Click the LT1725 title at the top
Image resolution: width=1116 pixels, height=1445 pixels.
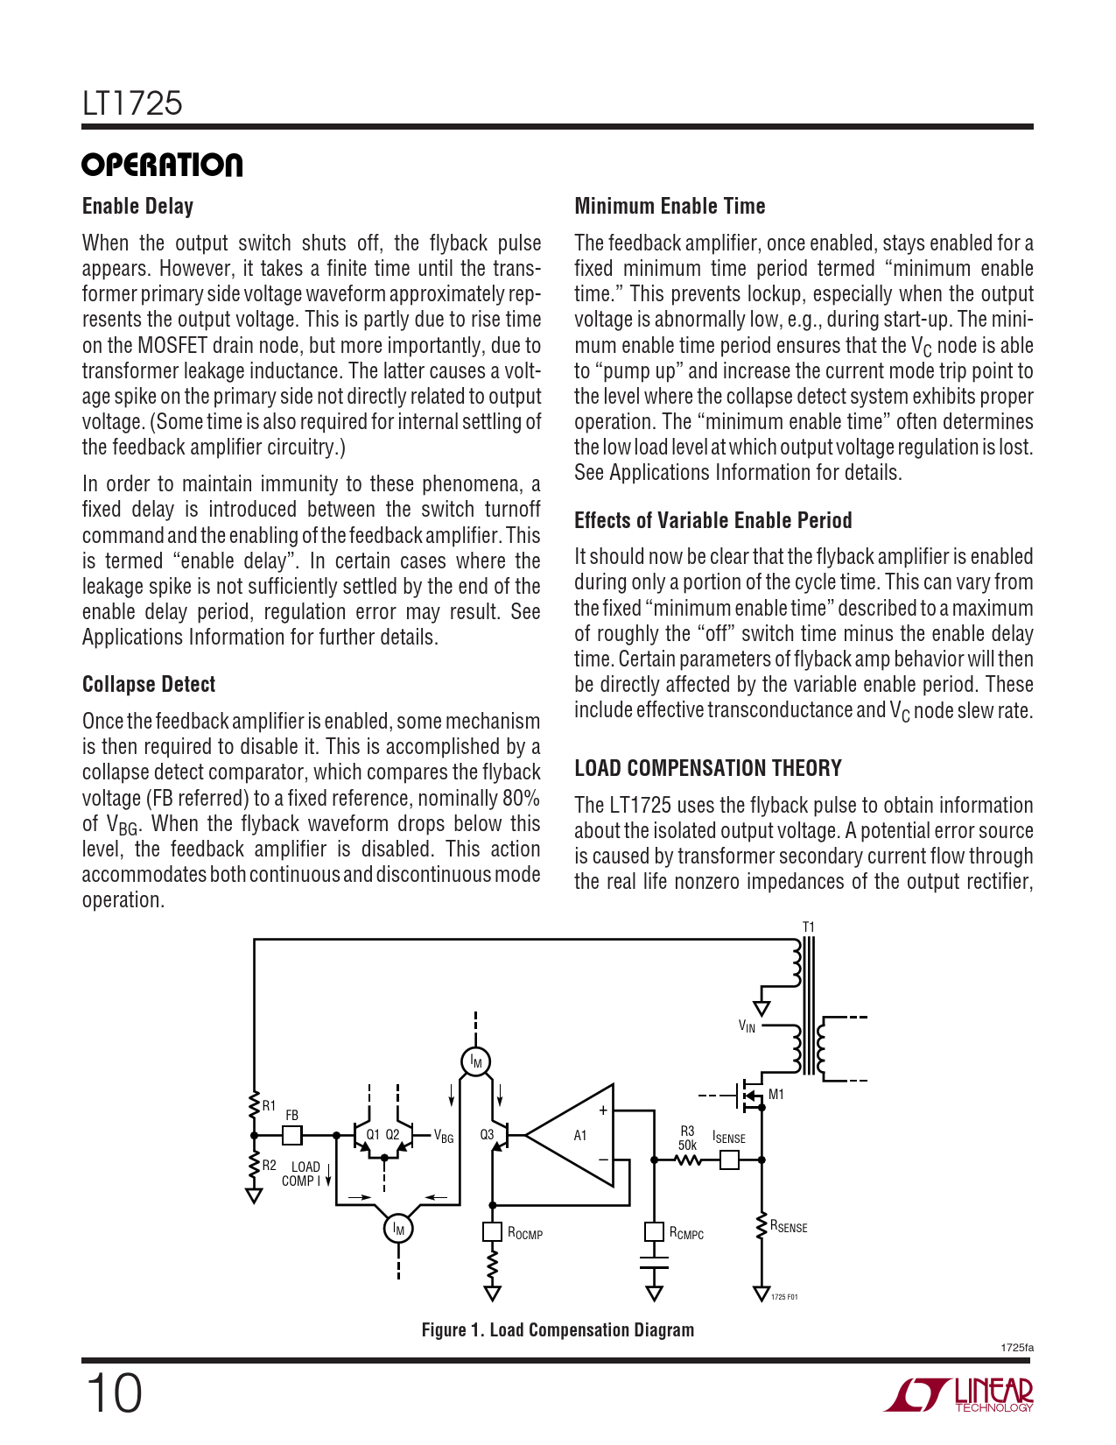click(132, 103)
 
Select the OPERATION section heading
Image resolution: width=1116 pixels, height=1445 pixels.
click(162, 165)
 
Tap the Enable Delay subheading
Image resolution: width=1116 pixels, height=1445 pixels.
click(137, 206)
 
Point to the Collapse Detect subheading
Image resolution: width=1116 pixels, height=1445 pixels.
click(148, 684)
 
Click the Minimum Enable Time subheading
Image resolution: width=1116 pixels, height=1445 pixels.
click(670, 206)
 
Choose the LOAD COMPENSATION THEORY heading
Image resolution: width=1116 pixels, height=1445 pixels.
click(707, 768)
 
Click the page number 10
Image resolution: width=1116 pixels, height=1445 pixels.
click(113, 1393)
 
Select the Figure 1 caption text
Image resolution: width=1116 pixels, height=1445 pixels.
click(558, 1329)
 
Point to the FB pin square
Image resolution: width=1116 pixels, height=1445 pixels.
click(292, 1135)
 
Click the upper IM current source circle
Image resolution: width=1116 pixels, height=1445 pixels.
click(475, 1061)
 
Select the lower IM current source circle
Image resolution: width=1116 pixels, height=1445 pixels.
click(398, 1228)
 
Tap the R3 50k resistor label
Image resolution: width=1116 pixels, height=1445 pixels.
click(687, 1138)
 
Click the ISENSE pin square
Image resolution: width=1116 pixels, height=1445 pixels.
click(728, 1160)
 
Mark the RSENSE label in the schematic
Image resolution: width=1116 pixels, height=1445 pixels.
click(789, 1227)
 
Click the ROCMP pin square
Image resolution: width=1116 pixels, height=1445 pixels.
click(492, 1232)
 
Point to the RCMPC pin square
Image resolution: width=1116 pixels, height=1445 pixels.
click(654, 1232)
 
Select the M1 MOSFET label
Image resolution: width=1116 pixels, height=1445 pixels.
click(776, 1095)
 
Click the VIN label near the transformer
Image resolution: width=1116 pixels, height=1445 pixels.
click(747, 1026)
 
